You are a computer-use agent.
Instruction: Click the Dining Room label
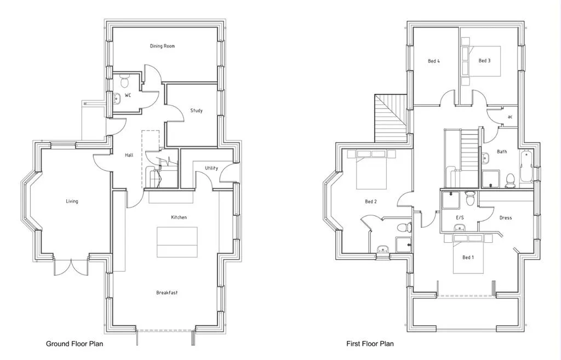click(162, 46)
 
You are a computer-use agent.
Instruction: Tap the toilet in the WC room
click(124, 82)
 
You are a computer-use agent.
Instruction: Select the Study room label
click(196, 111)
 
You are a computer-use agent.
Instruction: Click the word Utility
click(211, 168)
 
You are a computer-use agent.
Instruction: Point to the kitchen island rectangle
click(177, 242)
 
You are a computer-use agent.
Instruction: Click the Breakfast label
click(167, 293)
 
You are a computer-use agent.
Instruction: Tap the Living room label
click(72, 201)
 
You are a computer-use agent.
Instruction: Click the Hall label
click(129, 155)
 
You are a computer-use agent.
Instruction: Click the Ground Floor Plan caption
click(74, 344)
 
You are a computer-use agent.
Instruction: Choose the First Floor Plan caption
click(370, 344)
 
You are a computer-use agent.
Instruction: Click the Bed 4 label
click(433, 61)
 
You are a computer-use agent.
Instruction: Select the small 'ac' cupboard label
click(510, 117)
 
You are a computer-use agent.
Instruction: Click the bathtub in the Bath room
click(527, 167)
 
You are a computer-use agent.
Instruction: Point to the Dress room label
click(505, 218)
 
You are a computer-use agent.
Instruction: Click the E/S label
click(460, 218)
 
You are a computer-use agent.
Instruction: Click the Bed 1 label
click(468, 257)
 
